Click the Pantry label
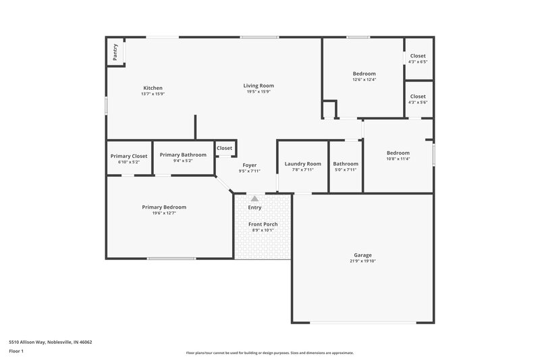(x=115, y=53)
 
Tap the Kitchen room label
(x=153, y=88)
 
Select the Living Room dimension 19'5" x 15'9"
(x=259, y=92)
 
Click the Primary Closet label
(x=129, y=156)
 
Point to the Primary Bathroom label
(x=183, y=155)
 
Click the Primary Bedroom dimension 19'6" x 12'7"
(x=164, y=213)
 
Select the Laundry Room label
(x=302, y=163)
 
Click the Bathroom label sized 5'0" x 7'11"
(x=346, y=163)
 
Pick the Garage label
(x=362, y=255)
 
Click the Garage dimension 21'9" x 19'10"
(x=362, y=261)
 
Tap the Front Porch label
(x=263, y=224)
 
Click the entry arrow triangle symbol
(x=254, y=199)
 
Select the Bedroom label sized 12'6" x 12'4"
(x=364, y=74)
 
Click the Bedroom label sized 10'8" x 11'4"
(x=398, y=153)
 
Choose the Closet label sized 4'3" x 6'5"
(x=418, y=56)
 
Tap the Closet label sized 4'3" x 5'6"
(x=418, y=97)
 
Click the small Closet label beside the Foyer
(x=224, y=148)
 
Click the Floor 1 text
(x=16, y=352)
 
